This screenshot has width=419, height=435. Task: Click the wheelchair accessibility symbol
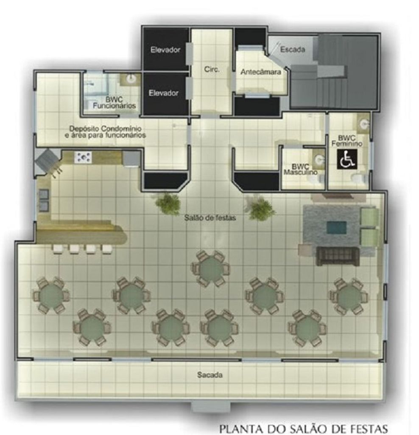point(347,160)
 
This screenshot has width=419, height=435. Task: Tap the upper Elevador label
point(165,50)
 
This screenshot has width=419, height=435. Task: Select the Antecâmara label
point(260,72)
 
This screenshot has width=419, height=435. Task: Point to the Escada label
point(293,49)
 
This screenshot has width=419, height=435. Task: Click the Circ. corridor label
point(212,69)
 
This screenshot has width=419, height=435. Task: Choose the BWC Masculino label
point(301,169)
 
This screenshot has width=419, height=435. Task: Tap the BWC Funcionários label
point(114,103)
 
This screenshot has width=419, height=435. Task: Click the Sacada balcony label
point(209,375)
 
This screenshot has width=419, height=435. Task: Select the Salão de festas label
point(210,218)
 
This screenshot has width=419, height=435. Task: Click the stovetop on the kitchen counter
point(83,157)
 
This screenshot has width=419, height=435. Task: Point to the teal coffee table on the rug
point(336,228)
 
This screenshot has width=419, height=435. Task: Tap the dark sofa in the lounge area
point(338,256)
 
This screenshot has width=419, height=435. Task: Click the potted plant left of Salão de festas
point(168,204)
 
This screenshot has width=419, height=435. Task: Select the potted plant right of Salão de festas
point(261,209)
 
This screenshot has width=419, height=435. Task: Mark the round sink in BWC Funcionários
point(131,79)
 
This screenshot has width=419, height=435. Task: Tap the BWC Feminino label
point(347,141)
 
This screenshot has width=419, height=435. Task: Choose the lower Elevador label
point(163,93)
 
